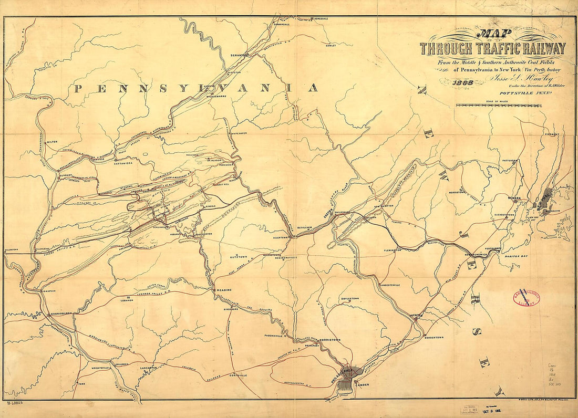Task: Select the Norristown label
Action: point(330,340)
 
